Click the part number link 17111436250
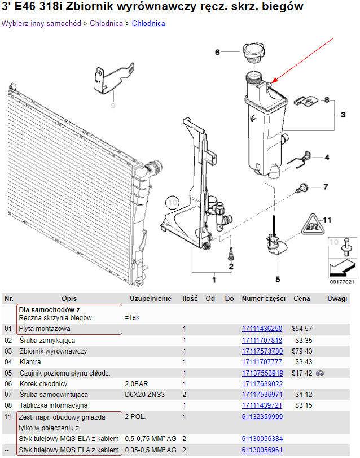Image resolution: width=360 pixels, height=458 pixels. [x=262, y=329]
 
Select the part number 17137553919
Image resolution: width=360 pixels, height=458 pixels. [x=262, y=373]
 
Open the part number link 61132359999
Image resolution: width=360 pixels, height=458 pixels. [x=262, y=417]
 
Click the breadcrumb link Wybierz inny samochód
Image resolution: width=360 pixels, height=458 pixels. [x=41, y=24]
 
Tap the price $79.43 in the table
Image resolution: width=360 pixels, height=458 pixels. [x=302, y=351]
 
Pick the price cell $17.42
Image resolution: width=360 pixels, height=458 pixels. [x=302, y=373]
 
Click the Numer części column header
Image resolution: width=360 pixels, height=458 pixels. [x=262, y=298]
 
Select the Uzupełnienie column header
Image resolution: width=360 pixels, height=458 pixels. [x=150, y=298]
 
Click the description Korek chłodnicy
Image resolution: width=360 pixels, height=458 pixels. [x=43, y=384]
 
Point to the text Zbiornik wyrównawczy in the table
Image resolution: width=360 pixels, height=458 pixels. [x=53, y=351]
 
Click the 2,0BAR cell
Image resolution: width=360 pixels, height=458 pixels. [x=136, y=384]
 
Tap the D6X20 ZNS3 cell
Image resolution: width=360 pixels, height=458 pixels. [x=144, y=395]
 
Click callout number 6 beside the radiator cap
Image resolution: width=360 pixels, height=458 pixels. [x=217, y=53]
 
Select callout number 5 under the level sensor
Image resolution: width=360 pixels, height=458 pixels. [x=277, y=278]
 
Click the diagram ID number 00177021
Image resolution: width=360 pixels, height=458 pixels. [x=341, y=282]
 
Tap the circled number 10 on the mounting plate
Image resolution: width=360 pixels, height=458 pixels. [x=173, y=201]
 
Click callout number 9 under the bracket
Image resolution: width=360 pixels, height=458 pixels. [x=112, y=105]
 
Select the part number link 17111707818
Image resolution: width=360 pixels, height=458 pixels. [x=262, y=341]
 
